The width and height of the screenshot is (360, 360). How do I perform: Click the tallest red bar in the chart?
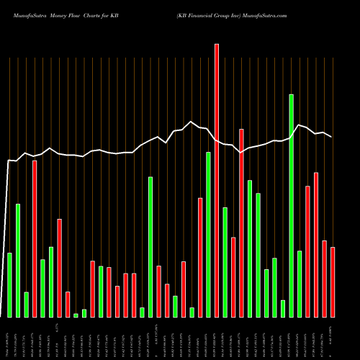point(217,180)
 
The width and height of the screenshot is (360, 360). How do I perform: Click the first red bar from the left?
point(35,238)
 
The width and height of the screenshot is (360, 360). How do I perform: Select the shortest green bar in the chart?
point(76,315)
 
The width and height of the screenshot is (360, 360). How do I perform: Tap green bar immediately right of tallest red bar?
point(225,262)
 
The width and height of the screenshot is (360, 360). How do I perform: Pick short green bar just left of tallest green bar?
point(283,309)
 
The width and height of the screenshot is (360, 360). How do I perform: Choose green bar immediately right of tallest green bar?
point(300,284)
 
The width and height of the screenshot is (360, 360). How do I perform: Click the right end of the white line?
point(331,137)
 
